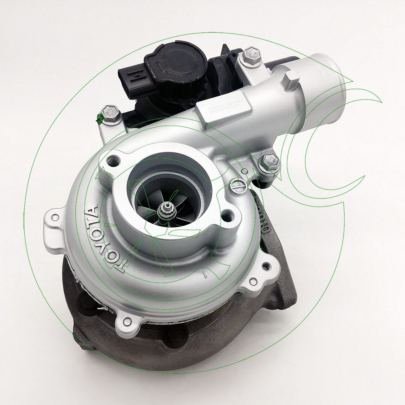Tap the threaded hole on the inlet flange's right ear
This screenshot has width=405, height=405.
click(x=227, y=215)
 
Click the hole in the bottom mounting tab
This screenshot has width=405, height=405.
click(x=128, y=322)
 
